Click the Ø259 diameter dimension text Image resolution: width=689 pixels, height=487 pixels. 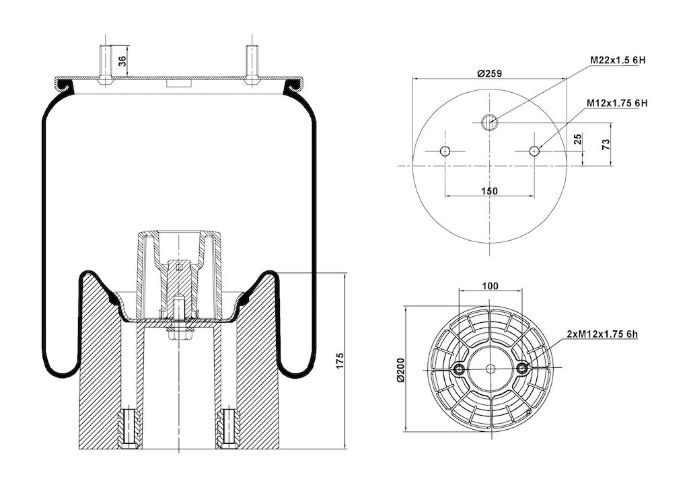pyautogui.click(x=489, y=73)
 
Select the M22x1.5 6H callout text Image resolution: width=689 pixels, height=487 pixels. pyautogui.click(x=618, y=60)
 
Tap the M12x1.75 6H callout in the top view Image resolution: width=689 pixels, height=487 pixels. pyautogui.click(x=617, y=103)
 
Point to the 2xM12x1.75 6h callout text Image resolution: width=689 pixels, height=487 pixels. pyautogui.click(x=602, y=334)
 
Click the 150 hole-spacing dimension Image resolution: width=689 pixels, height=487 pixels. pyautogui.click(x=489, y=191)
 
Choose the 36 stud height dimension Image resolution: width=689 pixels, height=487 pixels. pyautogui.click(x=122, y=61)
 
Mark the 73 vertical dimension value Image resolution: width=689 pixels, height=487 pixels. pyautogui.click(x=606, y=145)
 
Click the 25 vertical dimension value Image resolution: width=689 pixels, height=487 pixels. pyautogui.click(x=578, y=139)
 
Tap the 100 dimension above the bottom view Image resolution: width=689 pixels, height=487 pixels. pyautogui.click(x=490, y=287)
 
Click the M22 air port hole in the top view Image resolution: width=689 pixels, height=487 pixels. pyautogui.click(x=489, y=122)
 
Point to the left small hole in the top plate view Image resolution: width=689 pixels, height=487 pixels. pyautogui.click(x=445, y=151)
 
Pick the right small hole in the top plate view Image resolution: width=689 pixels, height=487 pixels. pyautogui.click(x=534, y=151)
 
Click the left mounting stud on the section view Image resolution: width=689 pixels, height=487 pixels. pyautogui.click(x=106, y=64)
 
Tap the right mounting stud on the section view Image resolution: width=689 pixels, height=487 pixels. pyautogui.click(x=252, y=64)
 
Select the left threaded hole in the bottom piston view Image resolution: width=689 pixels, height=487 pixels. pyautogui.click(x=459, y=369)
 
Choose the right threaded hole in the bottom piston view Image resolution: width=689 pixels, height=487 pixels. pyautogui.click(x=522, y=369)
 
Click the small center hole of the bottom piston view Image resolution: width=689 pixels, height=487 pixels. pyautogui.click(x=491, y=369)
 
